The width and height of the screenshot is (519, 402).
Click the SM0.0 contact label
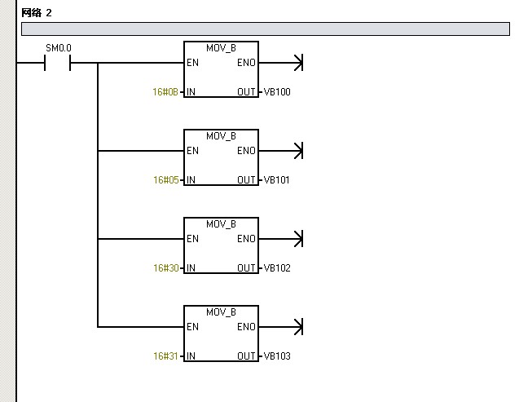[x=59, y=49]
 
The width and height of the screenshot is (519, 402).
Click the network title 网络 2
[x=37, y=13]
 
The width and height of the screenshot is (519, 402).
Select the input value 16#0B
[x=165, y=91]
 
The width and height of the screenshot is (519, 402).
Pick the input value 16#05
[x=165, y=179]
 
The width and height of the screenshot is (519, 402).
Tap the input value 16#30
[x=165, y=267]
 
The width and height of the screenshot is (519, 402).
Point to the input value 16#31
[x=165, y=356]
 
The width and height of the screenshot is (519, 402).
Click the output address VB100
[x=277, y=91]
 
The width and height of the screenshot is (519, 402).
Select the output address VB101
[x=277, y=179]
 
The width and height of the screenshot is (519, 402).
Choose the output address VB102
[x=277, y=267]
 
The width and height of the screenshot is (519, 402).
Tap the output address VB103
[x=277, y=356]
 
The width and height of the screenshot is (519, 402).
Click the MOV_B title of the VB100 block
[x=221, y=47]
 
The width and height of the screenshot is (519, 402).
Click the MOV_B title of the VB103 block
[x=221, y=311]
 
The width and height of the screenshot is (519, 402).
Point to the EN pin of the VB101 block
[x=192, y=151]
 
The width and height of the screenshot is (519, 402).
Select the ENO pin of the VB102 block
[x=246, y=239]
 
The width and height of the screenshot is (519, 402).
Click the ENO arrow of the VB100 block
[x=297, y=63]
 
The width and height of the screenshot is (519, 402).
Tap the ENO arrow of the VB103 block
[x=297, y=327]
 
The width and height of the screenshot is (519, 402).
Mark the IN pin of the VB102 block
[x=191, y=267]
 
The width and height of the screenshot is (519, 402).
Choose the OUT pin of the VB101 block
[x=247, y=179]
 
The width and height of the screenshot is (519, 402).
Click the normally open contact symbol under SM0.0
[x=59, y=63]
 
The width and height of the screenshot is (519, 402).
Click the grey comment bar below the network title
[x=265, y=29]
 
